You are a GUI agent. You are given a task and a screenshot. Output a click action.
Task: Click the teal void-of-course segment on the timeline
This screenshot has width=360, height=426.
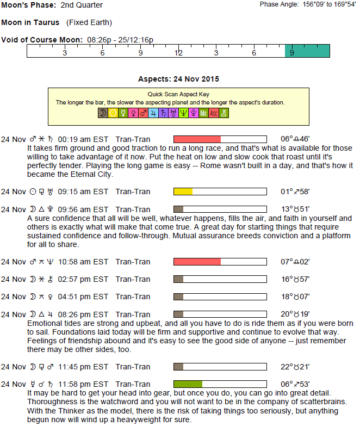coord(307,51)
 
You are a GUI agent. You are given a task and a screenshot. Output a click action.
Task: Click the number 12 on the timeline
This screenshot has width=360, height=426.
coord(178,53)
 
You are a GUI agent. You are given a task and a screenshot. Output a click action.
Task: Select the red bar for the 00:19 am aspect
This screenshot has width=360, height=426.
coord(197,139)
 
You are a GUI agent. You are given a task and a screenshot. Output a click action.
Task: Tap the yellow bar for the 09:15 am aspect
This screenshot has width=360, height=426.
coord(183,192)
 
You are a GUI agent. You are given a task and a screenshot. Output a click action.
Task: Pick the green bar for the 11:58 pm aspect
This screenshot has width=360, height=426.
coord(188,384)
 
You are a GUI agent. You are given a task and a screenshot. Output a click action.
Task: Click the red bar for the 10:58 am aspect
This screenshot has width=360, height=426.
coord(197,262)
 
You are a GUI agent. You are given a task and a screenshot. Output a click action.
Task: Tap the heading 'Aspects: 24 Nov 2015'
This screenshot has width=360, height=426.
coord(178,79)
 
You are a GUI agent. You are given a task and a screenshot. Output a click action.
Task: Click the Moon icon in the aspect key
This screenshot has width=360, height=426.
coord(102,113)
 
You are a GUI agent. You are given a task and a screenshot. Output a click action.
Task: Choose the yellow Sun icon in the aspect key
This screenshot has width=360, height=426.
coord(113,113)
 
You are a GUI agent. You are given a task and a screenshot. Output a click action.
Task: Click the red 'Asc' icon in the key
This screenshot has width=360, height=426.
coord(213,113)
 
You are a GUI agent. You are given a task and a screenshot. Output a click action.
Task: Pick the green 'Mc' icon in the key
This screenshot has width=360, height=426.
coord(203,113)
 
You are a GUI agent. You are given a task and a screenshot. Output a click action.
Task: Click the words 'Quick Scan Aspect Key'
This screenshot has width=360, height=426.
coord(178,94)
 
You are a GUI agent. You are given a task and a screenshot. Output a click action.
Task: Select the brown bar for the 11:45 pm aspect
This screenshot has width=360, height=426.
coord(178,367)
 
